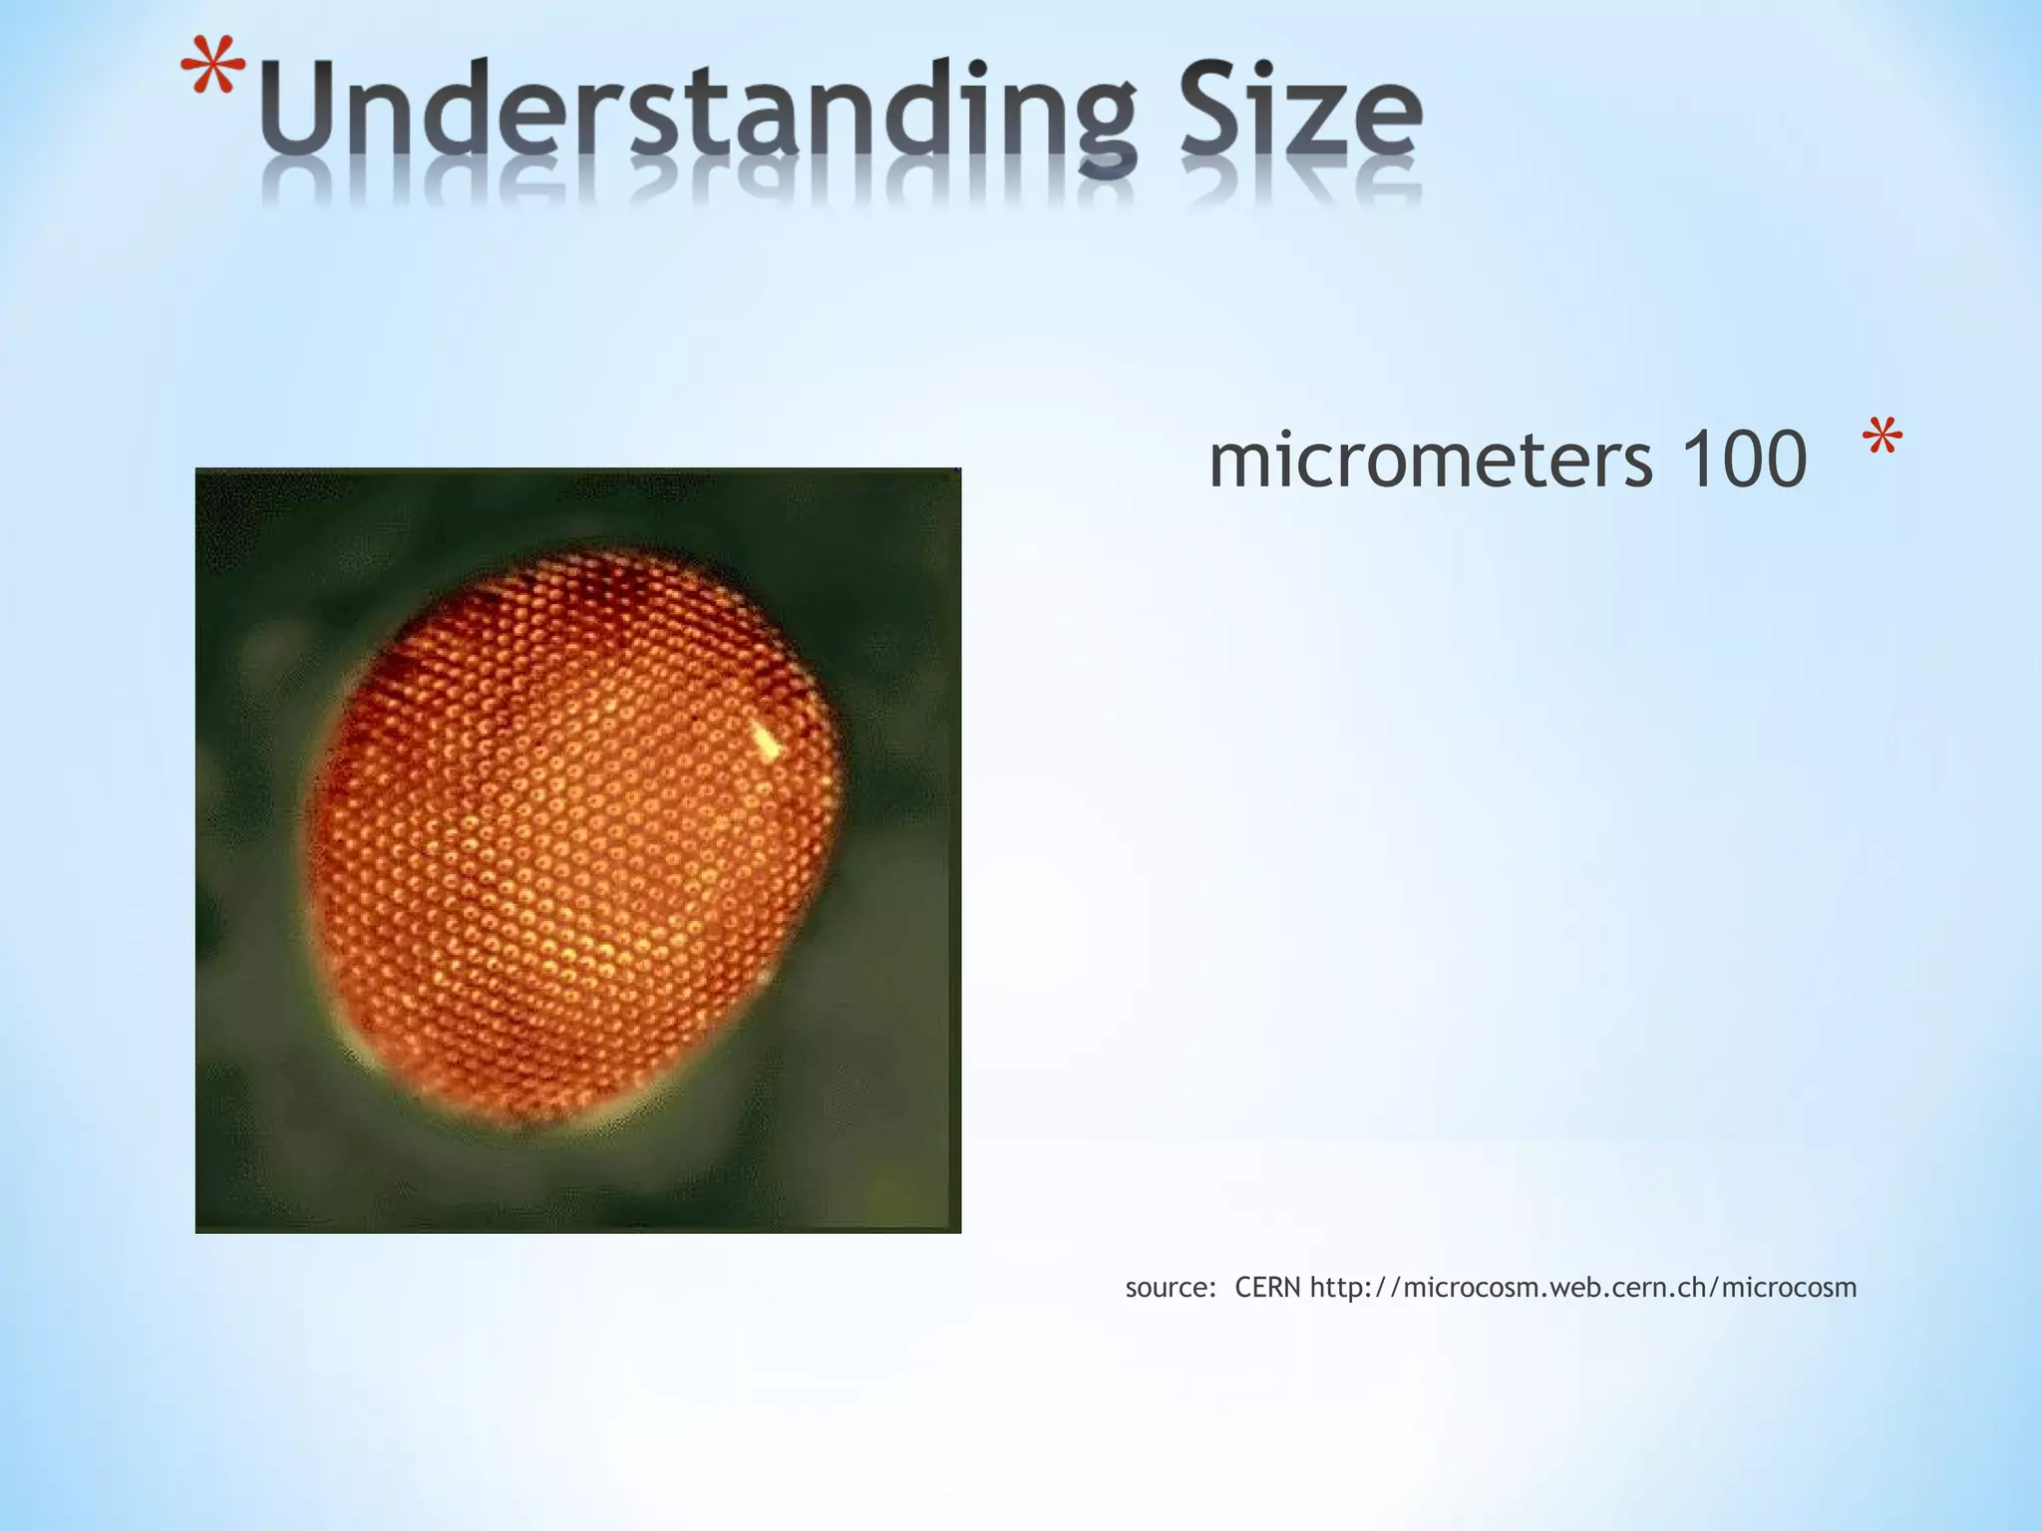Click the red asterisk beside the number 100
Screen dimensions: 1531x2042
point(1881,442)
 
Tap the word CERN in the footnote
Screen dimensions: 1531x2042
point(1267,1288)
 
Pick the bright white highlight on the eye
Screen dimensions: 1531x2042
point(765,740)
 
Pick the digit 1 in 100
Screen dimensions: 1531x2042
point(1691,460)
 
